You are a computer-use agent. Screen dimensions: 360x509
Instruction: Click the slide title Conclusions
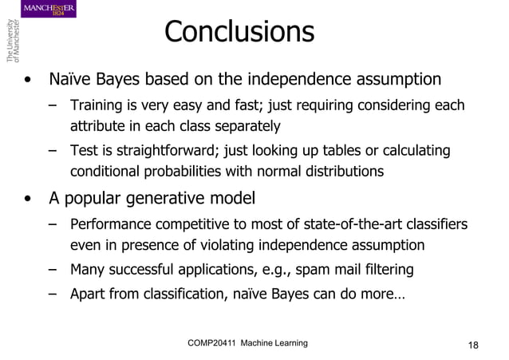(239, 32)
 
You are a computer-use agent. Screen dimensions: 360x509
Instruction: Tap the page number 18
(474, 345)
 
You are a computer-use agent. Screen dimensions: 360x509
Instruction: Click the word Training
(96, 106)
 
